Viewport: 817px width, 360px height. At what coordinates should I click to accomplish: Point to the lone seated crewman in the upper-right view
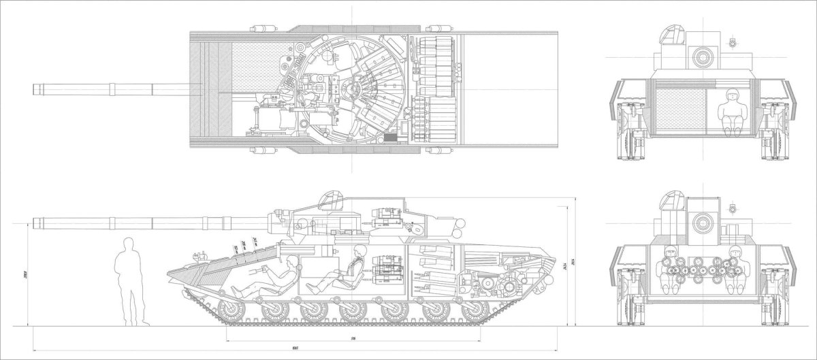click(x=733, y=112)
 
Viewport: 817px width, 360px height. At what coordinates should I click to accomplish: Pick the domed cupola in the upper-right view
click(x=671, y=34)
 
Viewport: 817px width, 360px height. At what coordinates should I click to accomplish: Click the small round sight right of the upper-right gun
click(x=731, y=43)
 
